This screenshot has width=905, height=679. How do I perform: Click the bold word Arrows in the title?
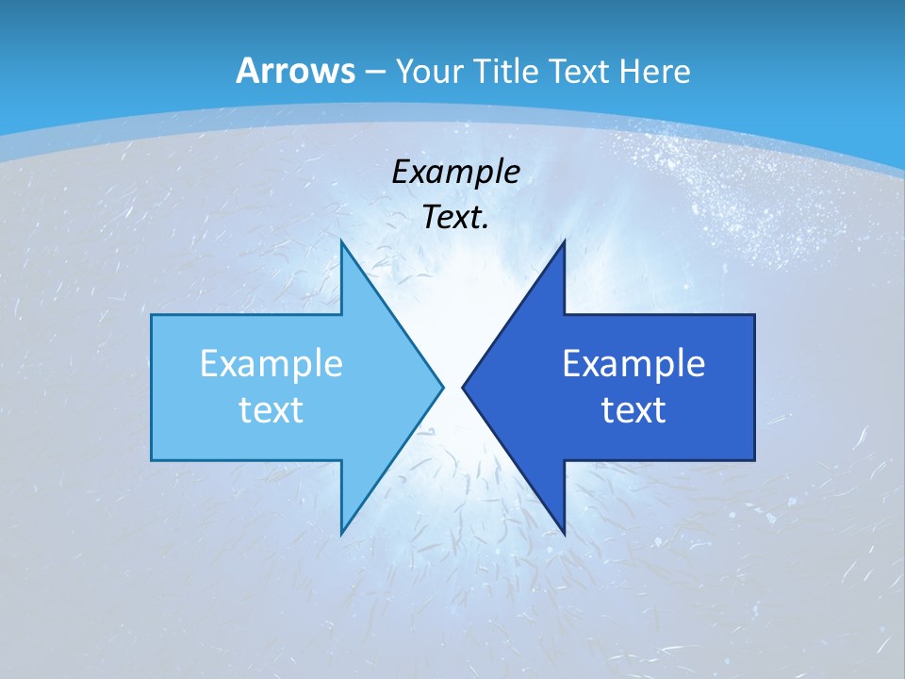tap(295, 71)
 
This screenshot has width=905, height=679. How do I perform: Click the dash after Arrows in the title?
tap(374, 72)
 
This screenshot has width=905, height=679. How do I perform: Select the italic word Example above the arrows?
tap(455, 172)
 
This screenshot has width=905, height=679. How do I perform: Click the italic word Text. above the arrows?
tap(455, 217)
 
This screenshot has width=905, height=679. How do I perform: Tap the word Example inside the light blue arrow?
tap(271, 363)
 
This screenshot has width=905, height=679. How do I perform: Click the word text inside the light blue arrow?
tap(271, 409)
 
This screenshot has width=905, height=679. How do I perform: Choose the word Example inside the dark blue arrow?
tap(633, 363)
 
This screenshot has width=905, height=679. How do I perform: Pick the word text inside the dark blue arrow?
tap(633, 409)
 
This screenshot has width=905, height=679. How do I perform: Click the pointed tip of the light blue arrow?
tap(443, 386)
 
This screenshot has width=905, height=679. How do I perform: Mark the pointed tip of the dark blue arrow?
tap(463, 386)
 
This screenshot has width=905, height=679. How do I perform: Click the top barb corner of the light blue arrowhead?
tap(341, 241)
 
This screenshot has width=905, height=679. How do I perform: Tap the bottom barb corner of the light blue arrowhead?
tap(341, 534)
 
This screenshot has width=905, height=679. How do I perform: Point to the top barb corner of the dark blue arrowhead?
tap(564, 241)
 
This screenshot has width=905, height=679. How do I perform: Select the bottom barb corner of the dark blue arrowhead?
tap(564, 534)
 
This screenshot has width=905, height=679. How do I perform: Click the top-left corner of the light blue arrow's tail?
tap(152, 315)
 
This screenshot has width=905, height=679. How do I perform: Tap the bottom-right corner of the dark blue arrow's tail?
tap(754, 460)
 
